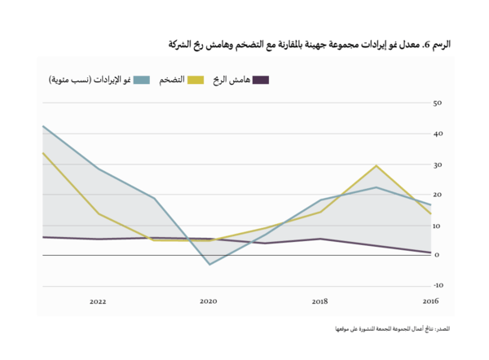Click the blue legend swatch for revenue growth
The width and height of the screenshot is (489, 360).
142,80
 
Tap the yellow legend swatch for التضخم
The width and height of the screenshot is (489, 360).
196,80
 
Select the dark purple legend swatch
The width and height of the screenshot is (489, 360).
261,80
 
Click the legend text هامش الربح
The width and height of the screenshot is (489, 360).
231,80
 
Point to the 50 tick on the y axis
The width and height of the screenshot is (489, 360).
437,103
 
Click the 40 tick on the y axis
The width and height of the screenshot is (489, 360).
437,134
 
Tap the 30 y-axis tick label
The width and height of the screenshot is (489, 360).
437,165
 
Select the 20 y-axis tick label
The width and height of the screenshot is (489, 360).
437,195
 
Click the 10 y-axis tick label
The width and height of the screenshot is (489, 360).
437,225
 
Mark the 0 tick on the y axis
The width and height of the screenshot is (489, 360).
438,255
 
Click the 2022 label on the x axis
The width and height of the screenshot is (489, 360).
98,301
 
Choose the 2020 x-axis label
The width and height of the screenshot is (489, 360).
209,301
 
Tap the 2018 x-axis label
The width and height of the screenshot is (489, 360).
319,301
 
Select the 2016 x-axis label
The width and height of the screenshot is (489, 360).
430,301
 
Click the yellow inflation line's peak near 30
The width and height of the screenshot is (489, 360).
376,165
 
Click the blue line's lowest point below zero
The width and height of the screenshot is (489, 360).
209,264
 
